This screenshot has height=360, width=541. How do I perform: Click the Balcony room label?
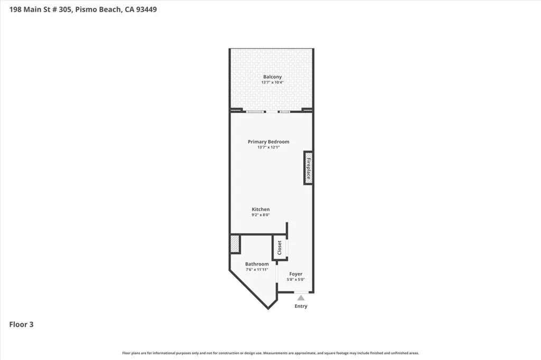click(272, 77)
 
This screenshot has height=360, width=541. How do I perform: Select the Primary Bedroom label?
click(268, 141)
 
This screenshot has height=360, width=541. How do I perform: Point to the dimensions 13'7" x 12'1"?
click(268, 147)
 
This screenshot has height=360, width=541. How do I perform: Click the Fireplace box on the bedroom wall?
click(308, 168)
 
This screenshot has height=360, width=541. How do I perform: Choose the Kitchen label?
click(260, 210)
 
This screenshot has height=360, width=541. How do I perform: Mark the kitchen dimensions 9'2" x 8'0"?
click(260, 215)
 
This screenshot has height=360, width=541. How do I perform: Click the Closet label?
click(279, 248)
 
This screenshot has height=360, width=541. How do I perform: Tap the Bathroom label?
click(257, 264)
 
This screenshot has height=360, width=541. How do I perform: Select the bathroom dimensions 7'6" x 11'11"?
click(257, 270)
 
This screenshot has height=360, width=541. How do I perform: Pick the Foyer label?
click(295, 274)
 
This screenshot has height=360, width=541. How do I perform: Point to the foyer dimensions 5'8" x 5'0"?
click(295, 280)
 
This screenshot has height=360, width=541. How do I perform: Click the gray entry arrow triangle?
click(301, 298)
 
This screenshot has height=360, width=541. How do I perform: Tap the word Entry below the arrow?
click(301, 306)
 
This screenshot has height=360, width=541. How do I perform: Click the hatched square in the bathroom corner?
click(235, 244)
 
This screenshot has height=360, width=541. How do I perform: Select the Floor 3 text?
click(22, 325)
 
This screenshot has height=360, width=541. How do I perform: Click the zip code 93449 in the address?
click(145, 10)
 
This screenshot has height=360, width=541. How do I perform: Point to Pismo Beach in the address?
click(100, 10)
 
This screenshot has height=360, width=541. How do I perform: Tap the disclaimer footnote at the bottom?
click(270, 353)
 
